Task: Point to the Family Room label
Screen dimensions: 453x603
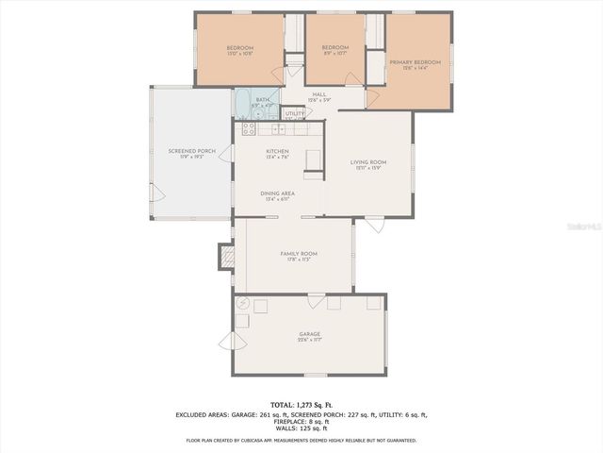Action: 298,254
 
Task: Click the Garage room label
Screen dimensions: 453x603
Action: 310,334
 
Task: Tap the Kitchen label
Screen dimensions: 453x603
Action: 277,151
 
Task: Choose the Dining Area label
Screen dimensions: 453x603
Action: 277,193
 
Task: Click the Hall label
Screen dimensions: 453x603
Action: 319,94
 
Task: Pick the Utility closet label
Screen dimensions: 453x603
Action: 295,113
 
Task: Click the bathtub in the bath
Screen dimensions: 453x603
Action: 242,101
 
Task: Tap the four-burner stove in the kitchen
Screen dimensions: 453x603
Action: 250,126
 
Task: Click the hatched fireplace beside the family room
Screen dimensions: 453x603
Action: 225,256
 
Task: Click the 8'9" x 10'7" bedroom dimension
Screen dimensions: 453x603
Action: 334,54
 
